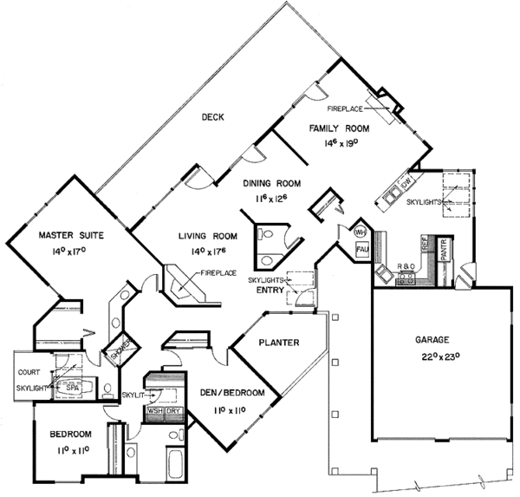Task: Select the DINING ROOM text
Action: [x=272, y=183]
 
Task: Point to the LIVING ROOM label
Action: [x=208, y=236]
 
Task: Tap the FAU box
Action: [x=363, y=250]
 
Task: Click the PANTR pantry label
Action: [x=440, y=248]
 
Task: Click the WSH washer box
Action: [x=157, y=411]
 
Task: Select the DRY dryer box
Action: [x=174, y=411]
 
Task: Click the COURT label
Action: [x=29, y=373]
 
